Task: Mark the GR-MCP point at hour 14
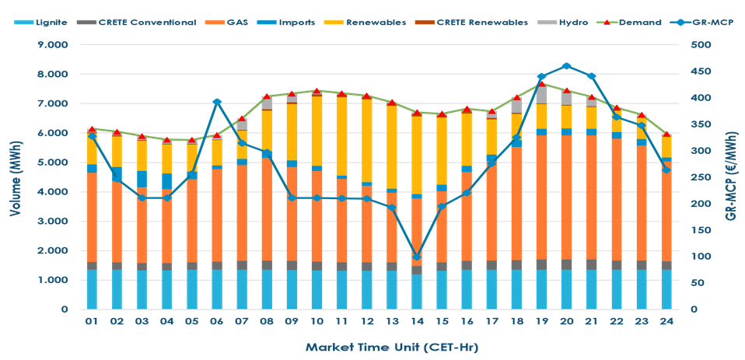(x=416, y=257)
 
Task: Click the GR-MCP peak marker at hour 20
(x=566, y=66)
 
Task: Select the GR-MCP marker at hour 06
(x=217, y=102)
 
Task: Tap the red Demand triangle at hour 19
(x=541, y=82)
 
